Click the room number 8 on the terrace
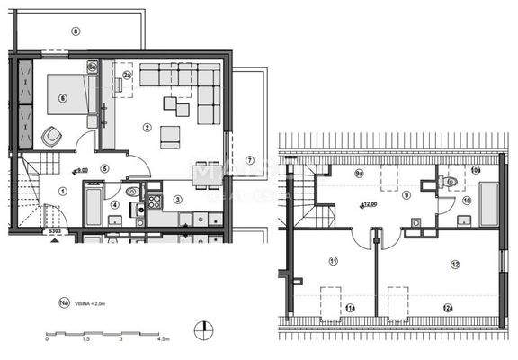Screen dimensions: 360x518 coord(76,31)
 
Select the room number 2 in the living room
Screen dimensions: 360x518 coord(146,128)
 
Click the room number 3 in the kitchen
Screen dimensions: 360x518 coord(177,199)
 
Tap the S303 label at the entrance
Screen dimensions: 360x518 coord(56,230)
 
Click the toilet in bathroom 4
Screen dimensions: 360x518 coord(131,191)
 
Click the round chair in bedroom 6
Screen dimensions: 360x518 coord(50,137)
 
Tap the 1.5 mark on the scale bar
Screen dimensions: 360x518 coord(85,340)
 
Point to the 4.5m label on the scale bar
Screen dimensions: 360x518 coord(163,340)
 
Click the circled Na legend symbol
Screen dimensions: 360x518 coord(64,304)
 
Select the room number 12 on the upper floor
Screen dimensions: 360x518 coord(455,264)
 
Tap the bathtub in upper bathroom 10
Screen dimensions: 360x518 coord(488,204)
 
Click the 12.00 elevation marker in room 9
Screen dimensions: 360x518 coord(370,203)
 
